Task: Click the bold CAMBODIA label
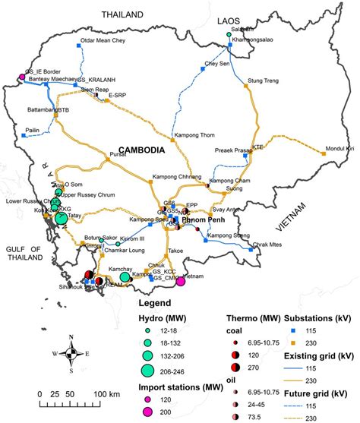(x=137, y=151)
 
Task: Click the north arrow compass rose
(x=71, y=354)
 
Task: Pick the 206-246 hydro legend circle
(x=148, y=370)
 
